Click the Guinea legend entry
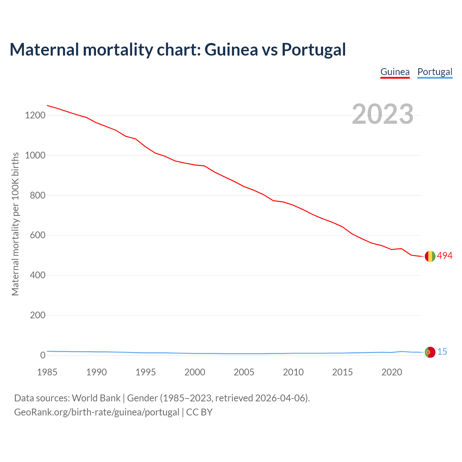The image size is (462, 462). click(395, 72)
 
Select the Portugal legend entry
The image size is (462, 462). click(435, 72)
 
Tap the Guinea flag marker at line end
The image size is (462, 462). click(430, 256)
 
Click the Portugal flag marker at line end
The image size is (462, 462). click(430, 352)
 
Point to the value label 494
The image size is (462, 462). click(445, 256)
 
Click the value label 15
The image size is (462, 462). click(442, 352)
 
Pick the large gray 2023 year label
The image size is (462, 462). click(383, 114)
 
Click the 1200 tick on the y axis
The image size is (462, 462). click(35, 115)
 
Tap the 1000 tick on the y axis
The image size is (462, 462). click(35, 156)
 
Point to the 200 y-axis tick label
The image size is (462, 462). click(38, 315)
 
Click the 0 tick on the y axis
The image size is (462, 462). click(43, 356)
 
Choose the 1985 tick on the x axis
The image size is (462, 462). click(47, 372)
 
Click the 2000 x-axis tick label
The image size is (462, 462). click(195, 372)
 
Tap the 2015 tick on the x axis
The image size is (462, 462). click(343, 372)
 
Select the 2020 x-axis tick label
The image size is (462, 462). click(392, 372)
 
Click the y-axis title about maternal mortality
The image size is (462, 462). click(15, 224)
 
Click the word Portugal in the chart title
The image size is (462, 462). click(314, 49)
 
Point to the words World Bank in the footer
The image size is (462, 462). click(96, 398)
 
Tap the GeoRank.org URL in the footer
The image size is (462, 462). click(97, 412)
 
